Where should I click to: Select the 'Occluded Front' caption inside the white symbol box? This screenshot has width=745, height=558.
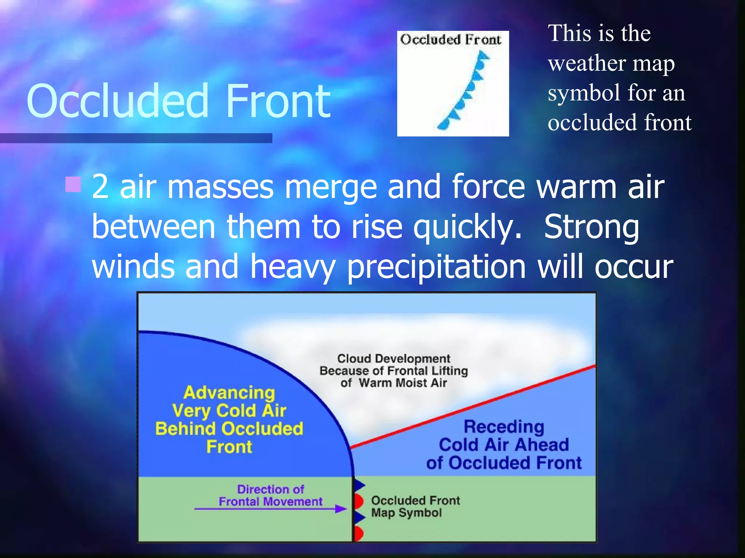(451, 39)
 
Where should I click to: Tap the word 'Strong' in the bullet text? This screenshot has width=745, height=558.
(591, 227)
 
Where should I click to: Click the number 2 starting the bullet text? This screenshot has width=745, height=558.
(100, 187)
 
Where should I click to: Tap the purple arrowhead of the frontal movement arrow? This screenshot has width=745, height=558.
(341, 509)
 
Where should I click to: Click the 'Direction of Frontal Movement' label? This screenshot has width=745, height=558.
(271, 496)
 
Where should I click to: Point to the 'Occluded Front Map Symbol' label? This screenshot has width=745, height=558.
(415, 506)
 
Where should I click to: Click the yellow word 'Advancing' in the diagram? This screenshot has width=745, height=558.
(229, 393)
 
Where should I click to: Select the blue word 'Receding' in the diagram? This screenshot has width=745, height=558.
(504, 427)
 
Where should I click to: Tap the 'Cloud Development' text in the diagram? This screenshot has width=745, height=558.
(394, 359)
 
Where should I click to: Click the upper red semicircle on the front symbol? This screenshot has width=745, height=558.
(359, 501)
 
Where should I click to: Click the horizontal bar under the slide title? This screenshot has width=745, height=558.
(136, 138)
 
